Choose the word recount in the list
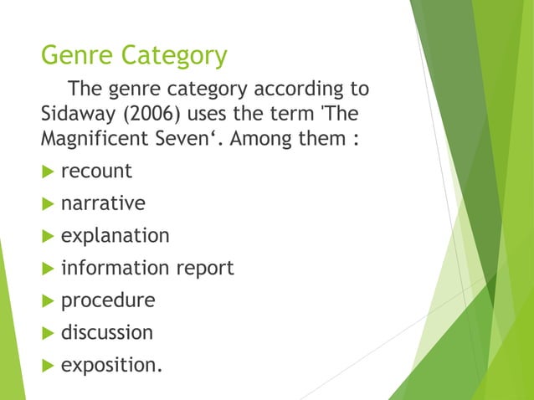96,171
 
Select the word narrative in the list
103,203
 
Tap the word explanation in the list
115,236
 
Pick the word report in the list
203,268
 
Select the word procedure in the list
108,300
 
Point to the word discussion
107,332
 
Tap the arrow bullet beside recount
46,172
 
